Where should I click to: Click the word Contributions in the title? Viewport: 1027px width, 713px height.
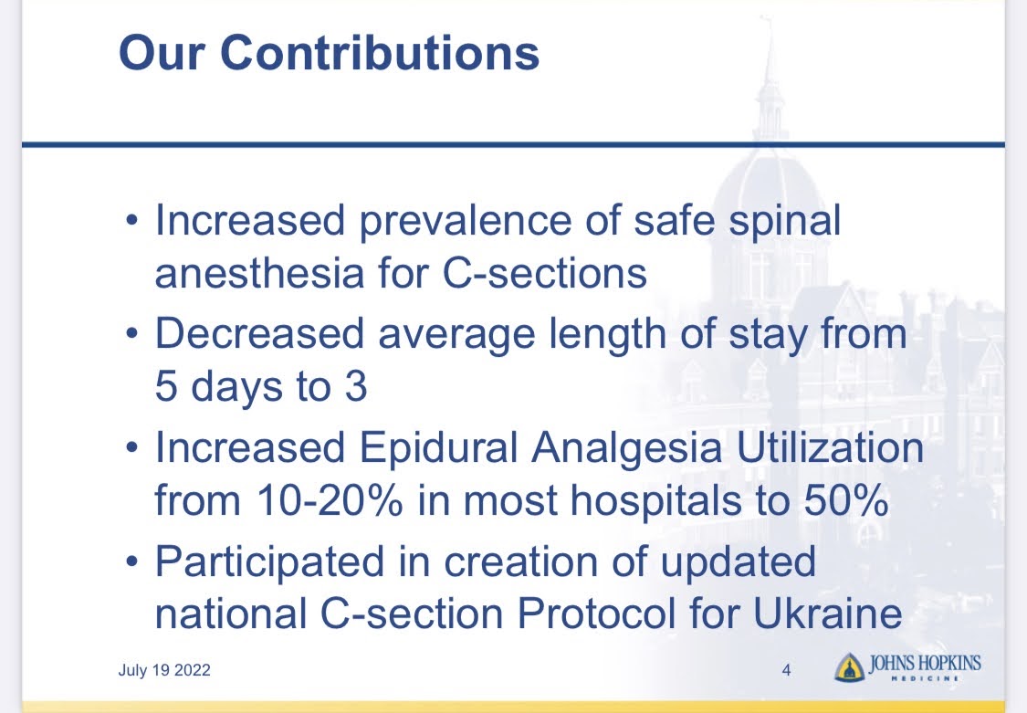380,52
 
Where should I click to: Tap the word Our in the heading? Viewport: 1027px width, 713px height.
161,52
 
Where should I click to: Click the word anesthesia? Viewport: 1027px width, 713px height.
259,272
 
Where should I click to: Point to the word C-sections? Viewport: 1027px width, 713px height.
545,272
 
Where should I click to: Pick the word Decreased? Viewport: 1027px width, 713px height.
259,333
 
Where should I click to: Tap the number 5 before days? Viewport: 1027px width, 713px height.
166,385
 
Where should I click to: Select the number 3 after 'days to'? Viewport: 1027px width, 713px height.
356,385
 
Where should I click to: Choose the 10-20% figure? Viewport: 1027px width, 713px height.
330,501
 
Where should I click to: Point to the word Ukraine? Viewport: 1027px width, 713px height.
828,613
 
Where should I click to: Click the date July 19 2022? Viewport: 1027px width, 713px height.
164,670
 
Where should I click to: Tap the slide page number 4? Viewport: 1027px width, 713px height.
787,670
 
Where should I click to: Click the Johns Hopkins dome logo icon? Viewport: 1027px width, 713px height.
850,667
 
